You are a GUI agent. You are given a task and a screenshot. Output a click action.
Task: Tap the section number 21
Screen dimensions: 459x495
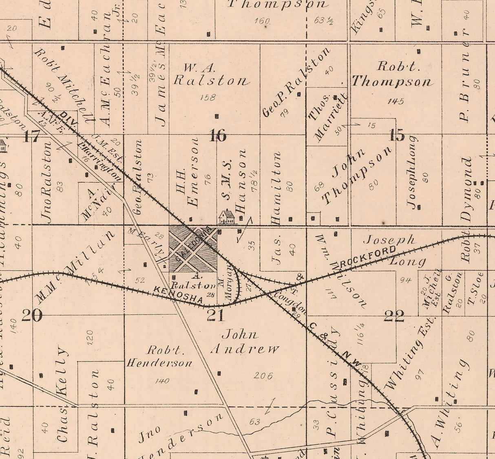[216, 314]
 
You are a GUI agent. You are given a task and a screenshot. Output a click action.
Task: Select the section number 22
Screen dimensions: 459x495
[394, 316]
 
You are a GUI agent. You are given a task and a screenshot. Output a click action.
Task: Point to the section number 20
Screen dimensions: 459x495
[31, 315]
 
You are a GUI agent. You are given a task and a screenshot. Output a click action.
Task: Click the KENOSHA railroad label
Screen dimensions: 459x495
[178, 294]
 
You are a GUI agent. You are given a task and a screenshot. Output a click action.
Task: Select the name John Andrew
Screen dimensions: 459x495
[246, 342]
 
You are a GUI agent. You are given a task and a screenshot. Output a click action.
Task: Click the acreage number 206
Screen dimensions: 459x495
[263, 376]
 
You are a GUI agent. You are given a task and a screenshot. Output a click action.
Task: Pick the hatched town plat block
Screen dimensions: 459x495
[193, 249]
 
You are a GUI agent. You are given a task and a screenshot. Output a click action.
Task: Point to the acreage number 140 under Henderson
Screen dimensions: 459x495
[162, 381]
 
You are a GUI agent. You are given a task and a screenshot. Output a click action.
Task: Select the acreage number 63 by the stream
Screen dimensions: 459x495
[254, 422]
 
